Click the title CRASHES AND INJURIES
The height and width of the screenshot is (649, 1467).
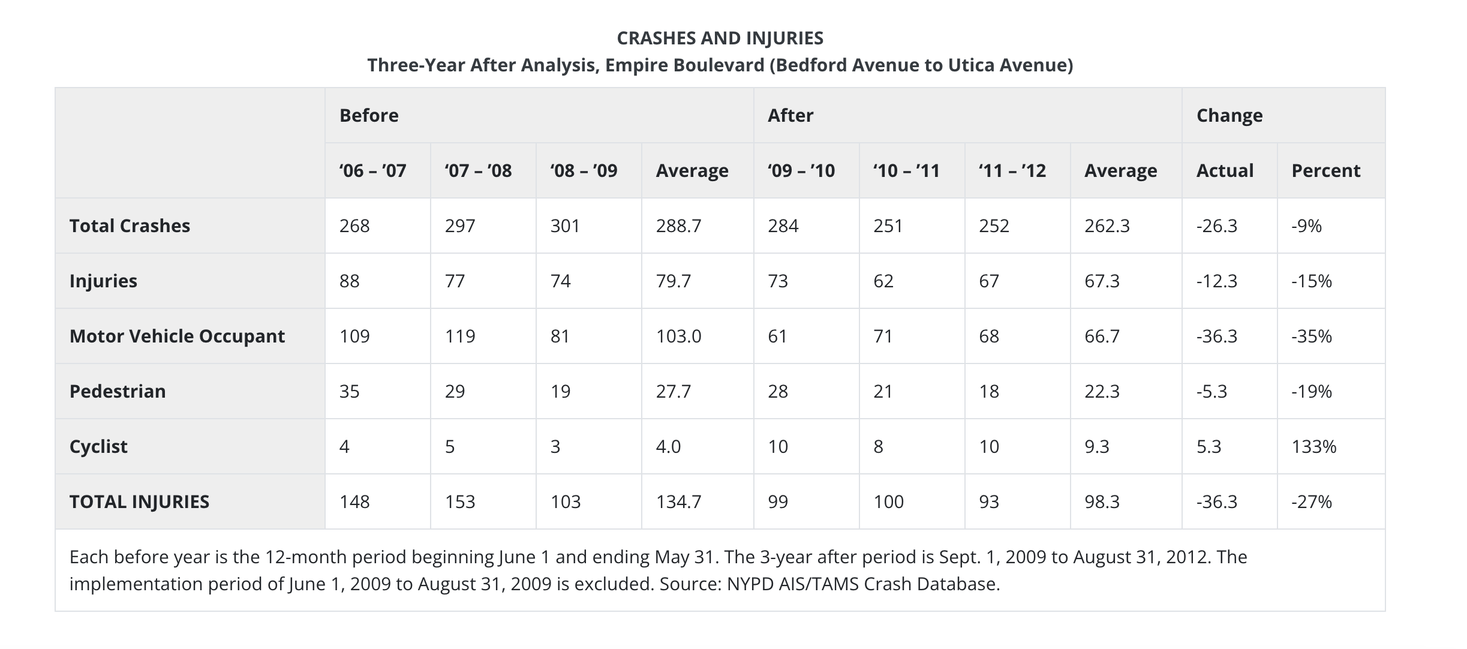pyautogui.click(x=720, y=38)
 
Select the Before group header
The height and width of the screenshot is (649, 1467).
pyautogui.click(x=369, y=115)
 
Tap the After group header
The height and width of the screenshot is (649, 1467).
pyautogui.click(x=790, y=115)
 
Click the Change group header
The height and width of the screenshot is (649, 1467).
pyautogui.click(x=1229, y=116)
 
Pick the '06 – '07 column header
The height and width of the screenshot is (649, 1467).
pyautogui.click(x=372, y=171)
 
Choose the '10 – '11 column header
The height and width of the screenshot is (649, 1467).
pyautogui.click(x=906, y=171)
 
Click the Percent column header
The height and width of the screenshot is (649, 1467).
pyautogui.click(x=1326, y=171)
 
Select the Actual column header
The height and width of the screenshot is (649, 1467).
pyautogui.click(x=1225, y=171)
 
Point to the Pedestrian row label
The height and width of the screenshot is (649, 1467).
pyautogui.click(x=118, y=391)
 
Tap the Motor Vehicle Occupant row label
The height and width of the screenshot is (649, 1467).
pyautogui.click(x=177, y=336)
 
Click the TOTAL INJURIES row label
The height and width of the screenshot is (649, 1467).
pyautogui.click(x=139, y=502)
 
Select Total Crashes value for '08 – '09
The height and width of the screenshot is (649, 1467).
pyautogui.click(x=566, y=226)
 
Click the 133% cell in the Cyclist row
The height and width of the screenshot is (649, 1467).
pyautogui.click(x=1314, y=447)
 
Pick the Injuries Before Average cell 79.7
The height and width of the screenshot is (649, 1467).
pyautogui.click(x=673, y=281)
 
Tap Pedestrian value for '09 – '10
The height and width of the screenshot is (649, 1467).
pyautogui.click(x=778, y=392)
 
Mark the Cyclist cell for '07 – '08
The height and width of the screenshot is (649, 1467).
pyautogui.click(x=450, y=447)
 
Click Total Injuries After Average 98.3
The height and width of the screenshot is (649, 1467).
pyautogui.click(x=1102, y=502)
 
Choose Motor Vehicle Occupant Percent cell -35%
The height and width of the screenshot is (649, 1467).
pyautogui.click(x=1312, y=336)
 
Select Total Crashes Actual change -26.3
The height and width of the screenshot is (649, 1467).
pyautogui.click(x=1216, y=226)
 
